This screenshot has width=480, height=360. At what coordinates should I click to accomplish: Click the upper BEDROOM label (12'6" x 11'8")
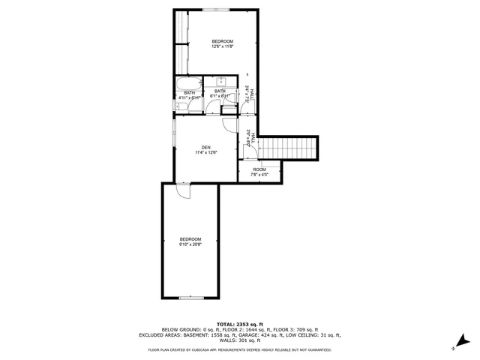(x=223, y=43)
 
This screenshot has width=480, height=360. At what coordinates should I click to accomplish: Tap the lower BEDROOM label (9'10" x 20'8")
(x=190, y=241)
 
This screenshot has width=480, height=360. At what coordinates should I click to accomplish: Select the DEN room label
(x=205, y=149)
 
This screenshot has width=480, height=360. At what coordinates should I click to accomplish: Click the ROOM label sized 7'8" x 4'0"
(x=259, y=172)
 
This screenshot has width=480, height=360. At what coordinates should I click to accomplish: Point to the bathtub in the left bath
(x=187, y=82)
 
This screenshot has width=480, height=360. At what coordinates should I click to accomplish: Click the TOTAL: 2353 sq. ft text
(x=239, y=324)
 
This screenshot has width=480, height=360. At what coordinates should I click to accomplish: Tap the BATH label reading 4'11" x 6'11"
(x=189, y=95)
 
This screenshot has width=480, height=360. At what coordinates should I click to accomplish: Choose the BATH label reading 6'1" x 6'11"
(x=220, y=94)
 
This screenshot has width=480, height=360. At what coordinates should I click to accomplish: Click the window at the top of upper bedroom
(x=217, y=10)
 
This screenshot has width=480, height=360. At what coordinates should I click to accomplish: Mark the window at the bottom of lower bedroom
(x=190, y=298)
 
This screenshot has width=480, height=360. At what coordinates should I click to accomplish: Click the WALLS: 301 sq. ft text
(x=239, y=340)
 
